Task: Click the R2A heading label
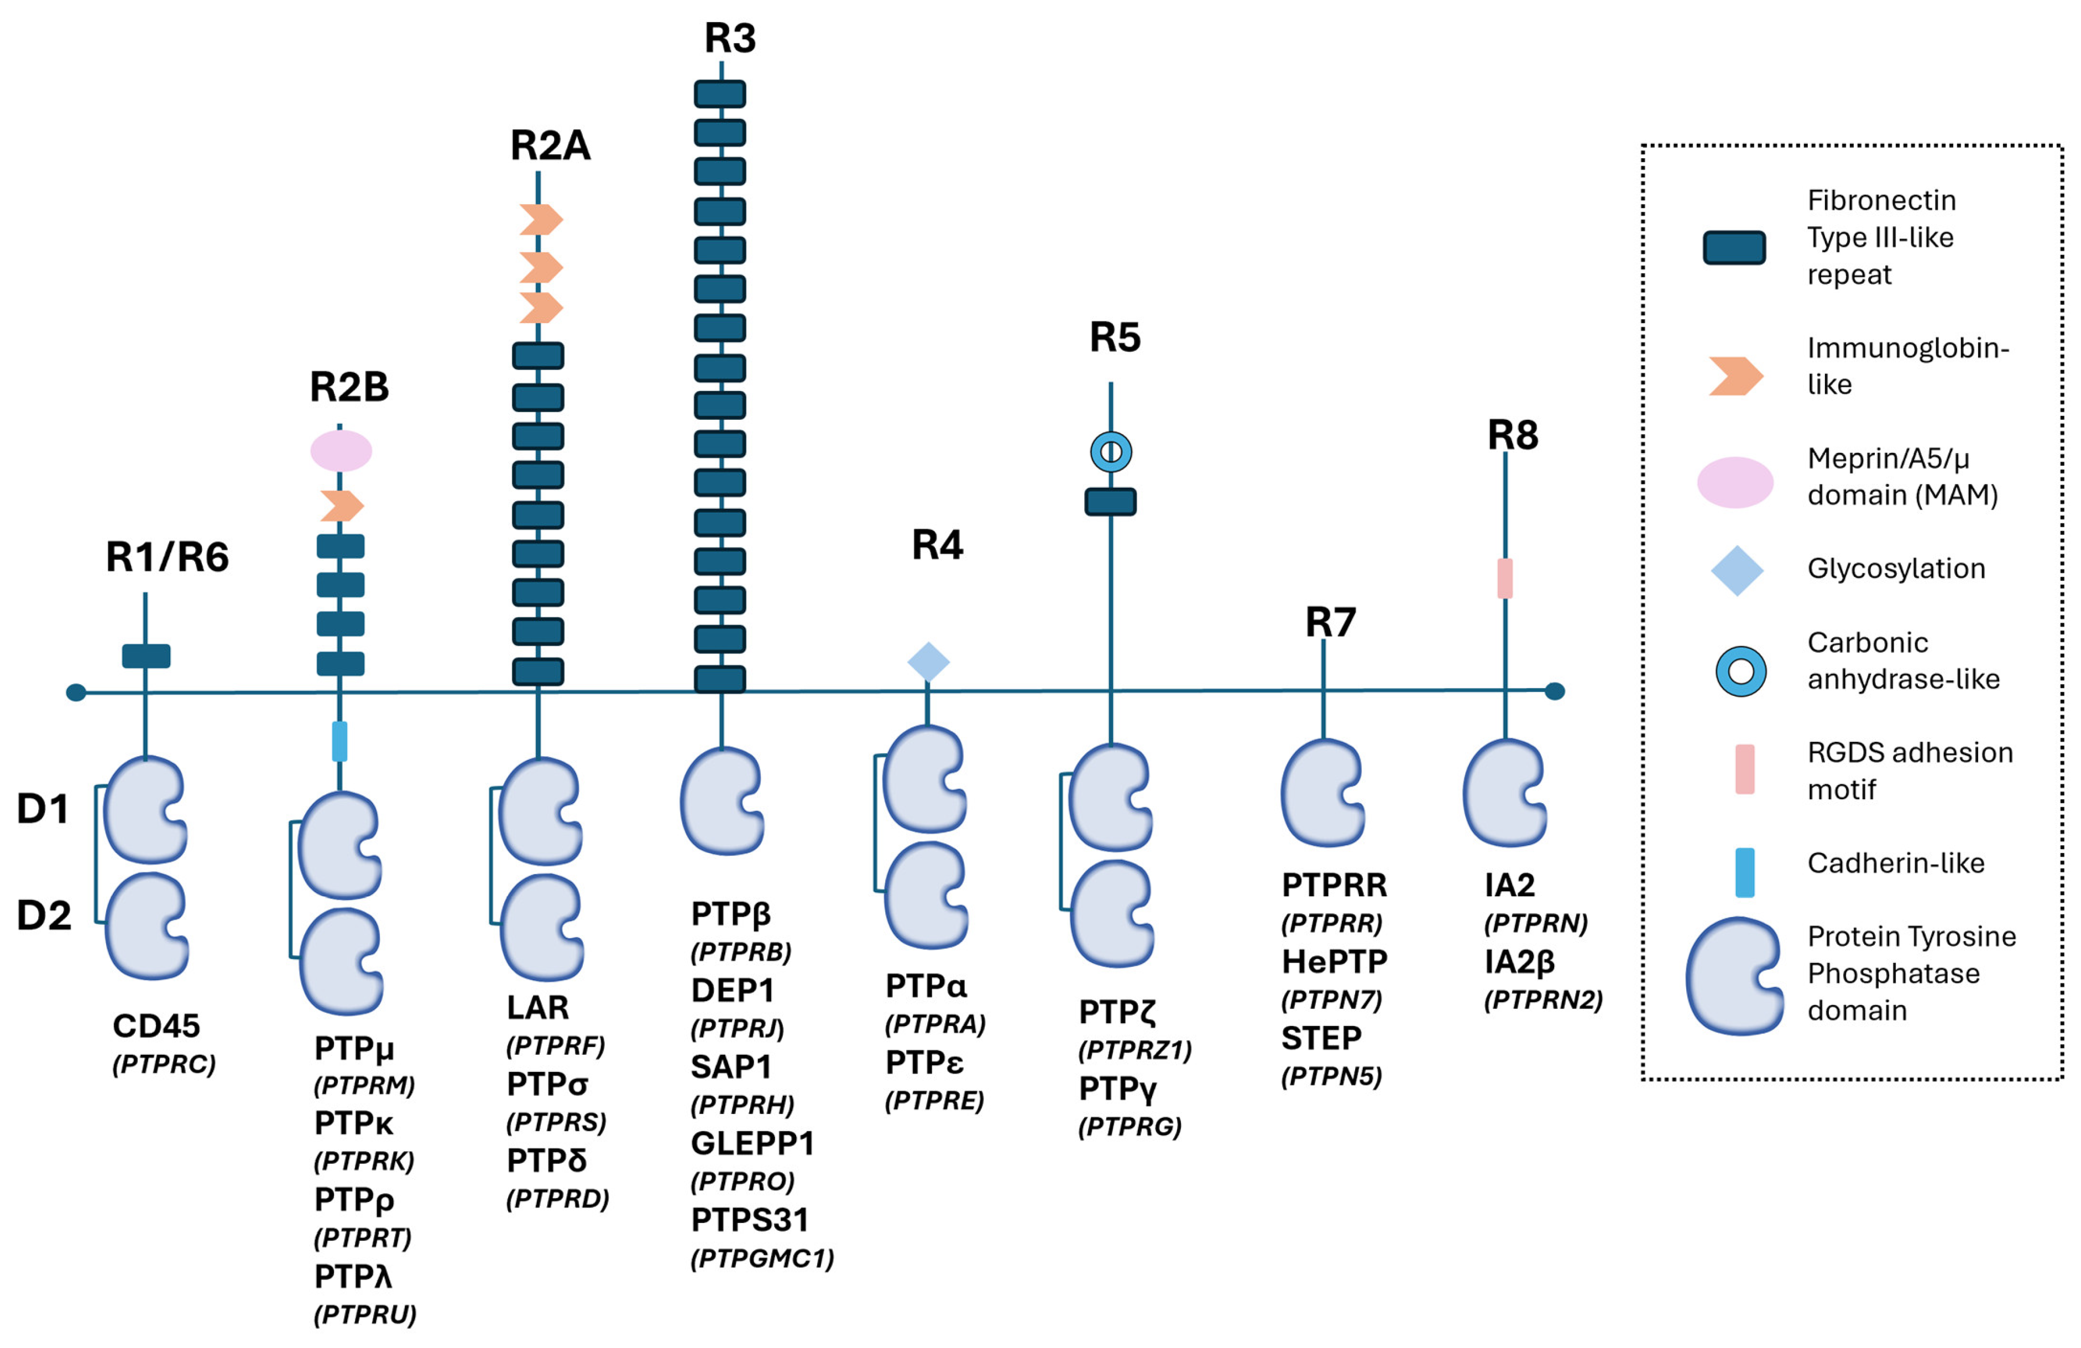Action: [x=550, y=145]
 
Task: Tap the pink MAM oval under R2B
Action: [x=341, y=450]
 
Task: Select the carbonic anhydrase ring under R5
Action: [x=1111, y=452]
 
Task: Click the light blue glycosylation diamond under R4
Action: [x=929, y=662]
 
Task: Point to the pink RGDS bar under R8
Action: [x=1505, y=578]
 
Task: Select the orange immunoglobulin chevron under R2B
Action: [x=342, y=506]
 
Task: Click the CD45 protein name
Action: [x=156, y=1025]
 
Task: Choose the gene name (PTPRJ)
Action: [x=737, y=1029]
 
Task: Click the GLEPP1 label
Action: [x=752, y=1143]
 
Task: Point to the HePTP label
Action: [x=1334, y=961]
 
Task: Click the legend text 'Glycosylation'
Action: [x=1896, y=569]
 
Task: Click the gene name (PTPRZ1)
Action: [x=1135, y=1050]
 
